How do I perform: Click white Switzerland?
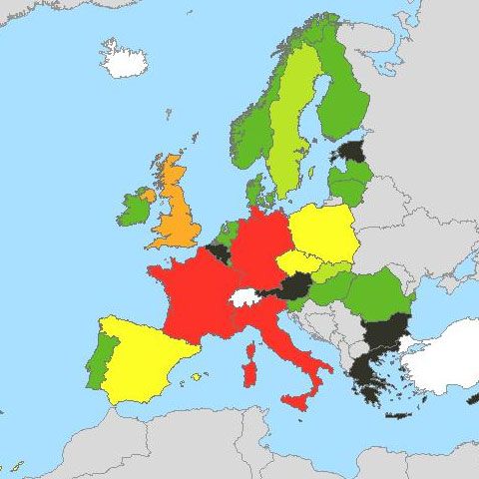(x=244, y=296)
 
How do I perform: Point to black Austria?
(x=294, y=288)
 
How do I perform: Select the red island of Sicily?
(x=296, y=401)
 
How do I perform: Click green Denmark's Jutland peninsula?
(x=255, y=189)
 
